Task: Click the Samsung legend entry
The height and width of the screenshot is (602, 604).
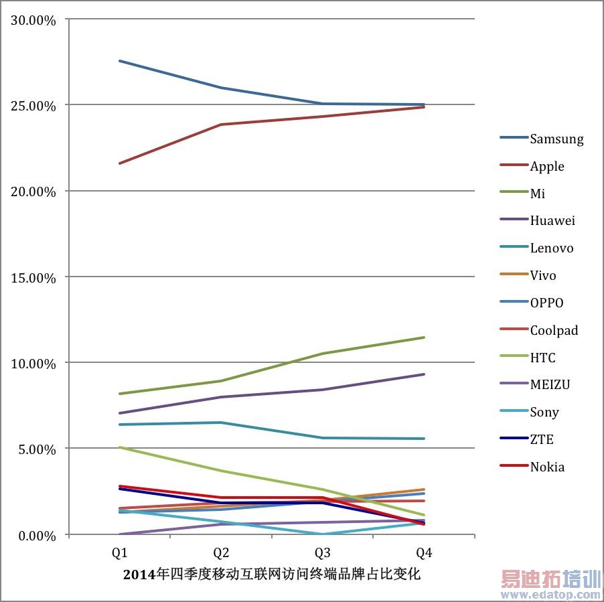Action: (556, 139)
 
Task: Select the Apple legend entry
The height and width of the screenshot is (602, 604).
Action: (547, 166)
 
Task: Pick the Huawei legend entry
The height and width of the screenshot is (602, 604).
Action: (552, 220)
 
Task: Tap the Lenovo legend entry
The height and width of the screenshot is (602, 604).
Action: (552, 248)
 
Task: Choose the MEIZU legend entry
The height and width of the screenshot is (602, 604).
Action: (550, 384)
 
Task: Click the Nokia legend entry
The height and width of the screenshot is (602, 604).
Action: (547, 467)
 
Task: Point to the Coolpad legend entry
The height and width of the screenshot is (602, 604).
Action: (554, 330)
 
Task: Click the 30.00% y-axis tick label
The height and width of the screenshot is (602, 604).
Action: (33, 19)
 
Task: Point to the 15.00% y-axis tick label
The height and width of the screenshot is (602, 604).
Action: (33, 277)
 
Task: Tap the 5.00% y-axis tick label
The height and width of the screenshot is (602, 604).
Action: (36, 449)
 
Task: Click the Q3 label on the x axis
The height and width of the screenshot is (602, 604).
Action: (322, 553)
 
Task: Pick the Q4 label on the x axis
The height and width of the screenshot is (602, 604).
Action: (424, 553)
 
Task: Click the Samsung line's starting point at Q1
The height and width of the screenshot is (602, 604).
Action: (119, 61)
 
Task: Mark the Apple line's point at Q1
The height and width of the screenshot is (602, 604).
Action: (119, 163)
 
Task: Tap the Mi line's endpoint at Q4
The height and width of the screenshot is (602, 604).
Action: (424, 337)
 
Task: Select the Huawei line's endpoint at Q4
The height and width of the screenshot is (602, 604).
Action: (424, 374)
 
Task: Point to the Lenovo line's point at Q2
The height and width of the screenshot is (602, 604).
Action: (221, 423)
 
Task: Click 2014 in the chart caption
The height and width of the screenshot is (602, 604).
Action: (138, 575)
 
